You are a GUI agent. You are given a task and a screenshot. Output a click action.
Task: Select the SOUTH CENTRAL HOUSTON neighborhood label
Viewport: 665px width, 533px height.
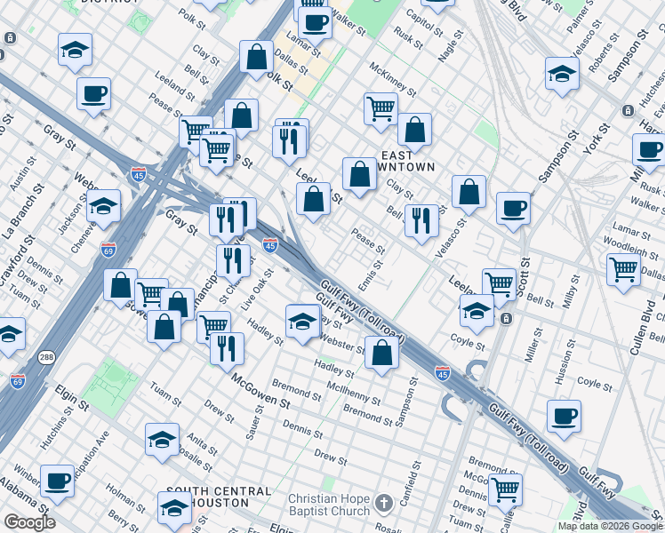coord(218,497)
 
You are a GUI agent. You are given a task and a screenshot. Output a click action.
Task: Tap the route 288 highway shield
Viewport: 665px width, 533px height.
coord(46,358)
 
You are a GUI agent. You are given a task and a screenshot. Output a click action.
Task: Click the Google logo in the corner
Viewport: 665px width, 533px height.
coord(29,522)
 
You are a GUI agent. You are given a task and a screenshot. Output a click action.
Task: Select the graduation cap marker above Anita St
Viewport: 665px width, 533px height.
coord(163,439)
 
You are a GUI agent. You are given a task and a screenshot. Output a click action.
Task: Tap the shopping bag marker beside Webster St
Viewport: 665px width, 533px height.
coord(381,353)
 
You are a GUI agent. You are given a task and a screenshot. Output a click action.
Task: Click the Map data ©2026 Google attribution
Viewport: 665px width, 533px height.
coord(608,526)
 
